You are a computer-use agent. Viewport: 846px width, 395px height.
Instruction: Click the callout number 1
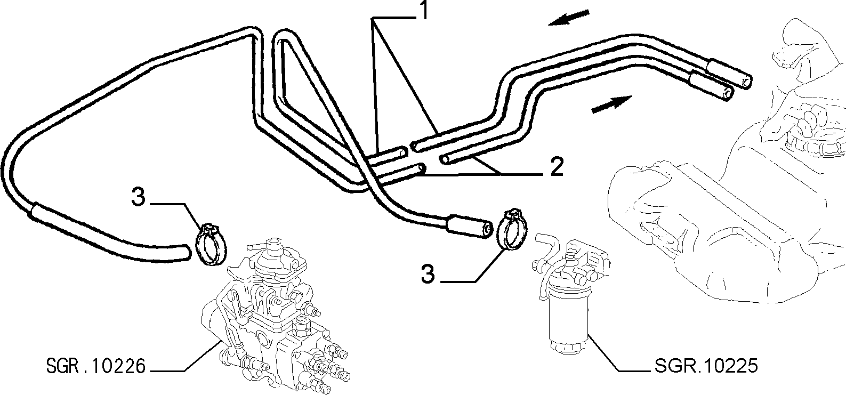[x=424, y=10]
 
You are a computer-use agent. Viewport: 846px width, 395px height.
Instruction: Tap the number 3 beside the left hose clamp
[x=138, y=197]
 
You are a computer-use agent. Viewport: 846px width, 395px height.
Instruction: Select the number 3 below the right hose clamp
[x=428, y=274]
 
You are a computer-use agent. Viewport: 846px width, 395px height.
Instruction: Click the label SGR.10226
[x=95, y=366]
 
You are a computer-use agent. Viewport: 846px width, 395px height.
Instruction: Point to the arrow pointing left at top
[x=569, y=18]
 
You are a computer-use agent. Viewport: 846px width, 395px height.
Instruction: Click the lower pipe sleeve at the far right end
[x=710, y=87]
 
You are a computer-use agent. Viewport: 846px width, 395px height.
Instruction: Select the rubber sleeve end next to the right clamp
[x=469, y=227]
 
